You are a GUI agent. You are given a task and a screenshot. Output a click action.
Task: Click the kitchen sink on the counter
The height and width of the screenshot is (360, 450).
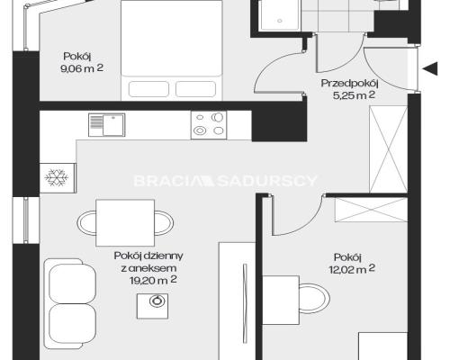point(107,125)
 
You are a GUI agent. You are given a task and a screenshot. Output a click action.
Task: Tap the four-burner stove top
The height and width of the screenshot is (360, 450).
point(209,125)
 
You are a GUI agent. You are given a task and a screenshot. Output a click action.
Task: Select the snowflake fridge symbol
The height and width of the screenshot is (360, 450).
point(57,177)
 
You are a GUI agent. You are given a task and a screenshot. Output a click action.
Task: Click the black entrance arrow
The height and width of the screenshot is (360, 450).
point(430,68)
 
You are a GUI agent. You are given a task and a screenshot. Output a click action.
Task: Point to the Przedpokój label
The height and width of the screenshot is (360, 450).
point(349,83)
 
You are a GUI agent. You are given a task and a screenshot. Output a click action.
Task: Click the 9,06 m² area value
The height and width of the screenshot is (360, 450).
point(82,68)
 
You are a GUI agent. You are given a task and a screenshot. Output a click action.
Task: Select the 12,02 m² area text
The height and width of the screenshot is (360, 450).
point(352,269)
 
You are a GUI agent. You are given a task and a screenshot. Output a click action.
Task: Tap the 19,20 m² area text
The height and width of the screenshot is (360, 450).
point(153,280)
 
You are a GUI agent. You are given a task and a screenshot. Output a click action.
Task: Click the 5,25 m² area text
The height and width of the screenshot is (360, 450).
point(354,95)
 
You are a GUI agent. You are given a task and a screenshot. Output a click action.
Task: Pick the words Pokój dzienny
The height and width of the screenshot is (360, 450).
point(148,256)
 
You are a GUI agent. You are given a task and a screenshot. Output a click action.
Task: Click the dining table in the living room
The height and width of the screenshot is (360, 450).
point(125,223)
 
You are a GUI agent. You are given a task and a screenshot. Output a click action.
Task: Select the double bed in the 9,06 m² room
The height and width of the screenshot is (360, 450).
point(171,50)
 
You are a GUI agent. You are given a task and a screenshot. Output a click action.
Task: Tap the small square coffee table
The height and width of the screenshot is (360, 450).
point(152,306)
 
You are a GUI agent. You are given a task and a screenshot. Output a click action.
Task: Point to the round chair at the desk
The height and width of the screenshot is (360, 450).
point(315,299)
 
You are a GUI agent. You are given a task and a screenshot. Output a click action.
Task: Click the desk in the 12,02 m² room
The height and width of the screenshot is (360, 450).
point(281,301)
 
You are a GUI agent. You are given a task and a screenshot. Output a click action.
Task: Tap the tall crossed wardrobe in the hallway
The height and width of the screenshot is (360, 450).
point(388,149)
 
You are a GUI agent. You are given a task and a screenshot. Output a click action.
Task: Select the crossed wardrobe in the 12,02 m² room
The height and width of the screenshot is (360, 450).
point(371,210)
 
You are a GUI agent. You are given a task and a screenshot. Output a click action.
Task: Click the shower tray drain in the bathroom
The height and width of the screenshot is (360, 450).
point(280,21)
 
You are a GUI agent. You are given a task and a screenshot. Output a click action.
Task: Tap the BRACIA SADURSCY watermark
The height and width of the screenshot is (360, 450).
point(225,181)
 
